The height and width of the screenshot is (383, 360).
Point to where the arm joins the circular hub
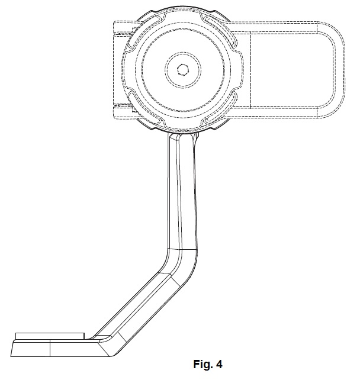coord(184,136)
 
